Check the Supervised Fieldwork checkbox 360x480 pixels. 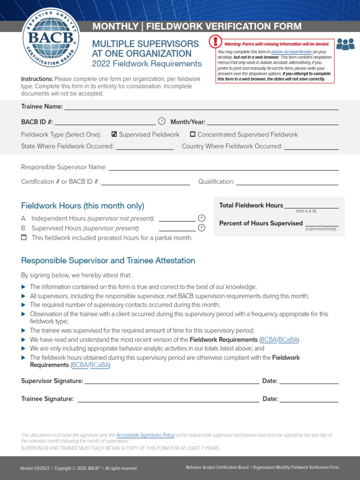114,134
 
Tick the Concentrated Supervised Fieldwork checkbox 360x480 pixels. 193,134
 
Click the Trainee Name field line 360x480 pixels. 202,106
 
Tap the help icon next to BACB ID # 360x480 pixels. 162,121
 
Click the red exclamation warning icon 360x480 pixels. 215,42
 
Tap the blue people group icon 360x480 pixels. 345,44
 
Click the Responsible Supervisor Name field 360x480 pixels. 224,167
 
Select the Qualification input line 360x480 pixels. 286,181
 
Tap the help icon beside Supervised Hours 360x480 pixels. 202,228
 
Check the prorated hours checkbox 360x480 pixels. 24,238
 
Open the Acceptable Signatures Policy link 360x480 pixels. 145,435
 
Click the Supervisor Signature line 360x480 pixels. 172,381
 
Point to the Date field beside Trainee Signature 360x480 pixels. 309,399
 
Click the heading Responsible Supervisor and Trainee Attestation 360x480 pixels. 108,261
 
